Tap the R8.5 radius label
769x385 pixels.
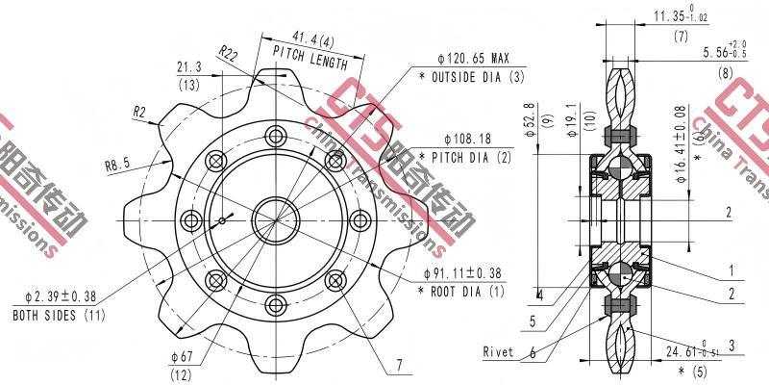pos(117,164)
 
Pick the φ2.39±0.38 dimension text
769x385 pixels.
pos(60,297)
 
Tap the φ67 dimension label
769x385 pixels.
pos(183,356)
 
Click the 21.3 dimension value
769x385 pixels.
pos(188,67)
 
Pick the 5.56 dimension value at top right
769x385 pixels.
pos(711,52)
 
